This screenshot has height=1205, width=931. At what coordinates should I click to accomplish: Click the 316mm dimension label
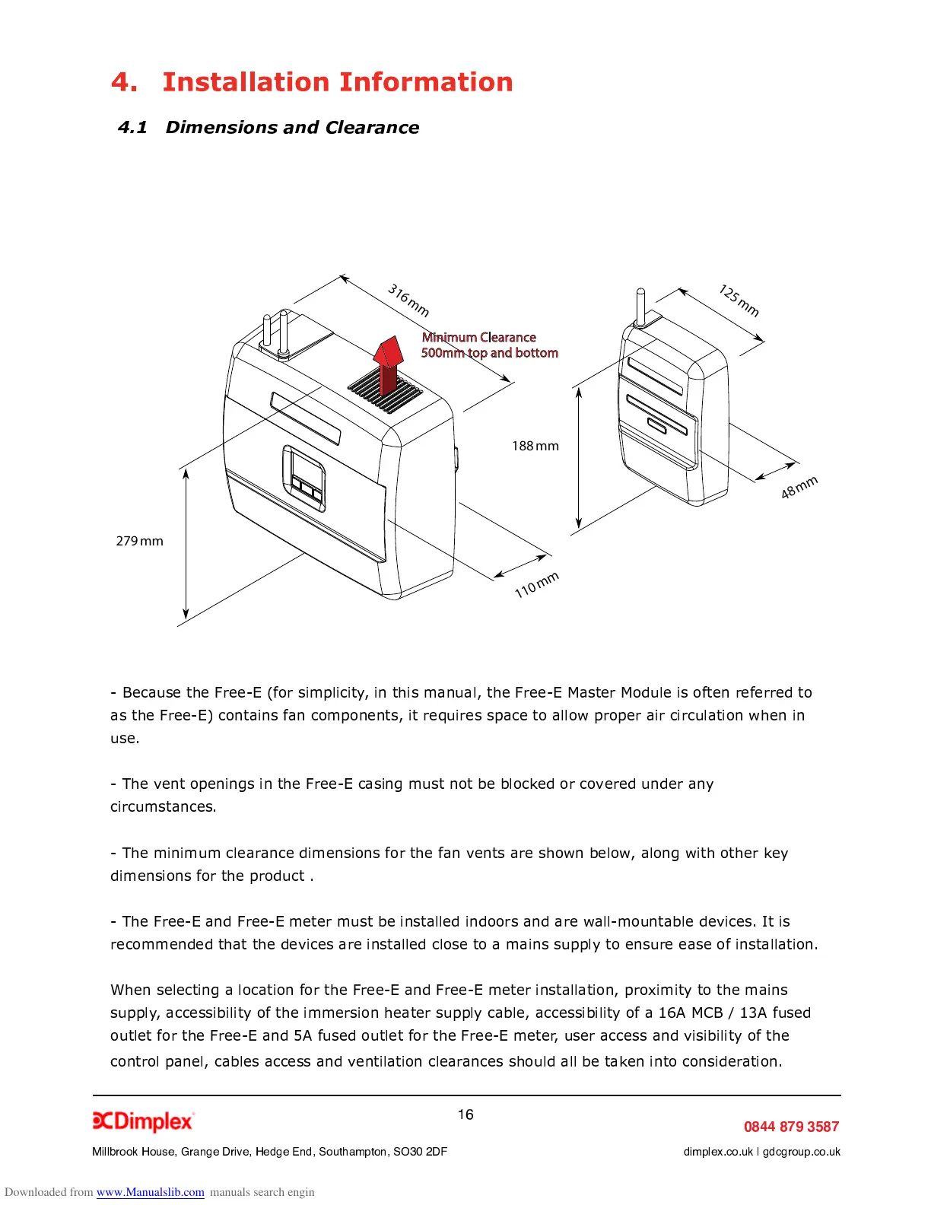click(408, 300)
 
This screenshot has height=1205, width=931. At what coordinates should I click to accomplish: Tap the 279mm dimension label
click(139, 541)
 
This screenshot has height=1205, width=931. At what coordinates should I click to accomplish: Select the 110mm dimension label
click(536, 584)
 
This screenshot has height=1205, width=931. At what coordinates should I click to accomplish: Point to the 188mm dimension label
click(535, 446)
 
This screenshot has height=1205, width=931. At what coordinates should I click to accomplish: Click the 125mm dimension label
click(739, 300)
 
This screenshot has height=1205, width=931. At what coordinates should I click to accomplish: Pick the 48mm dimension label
click(799, 487)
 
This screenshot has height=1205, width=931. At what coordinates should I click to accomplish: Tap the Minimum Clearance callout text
click(489, 345)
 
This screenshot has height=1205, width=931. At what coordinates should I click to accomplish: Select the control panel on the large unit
click(304, 478)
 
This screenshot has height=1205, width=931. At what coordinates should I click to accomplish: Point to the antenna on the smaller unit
click(640, 306)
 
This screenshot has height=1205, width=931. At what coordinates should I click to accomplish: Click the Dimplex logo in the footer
click(143, 1121)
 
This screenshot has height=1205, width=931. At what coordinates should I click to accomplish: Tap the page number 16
click(465, 1114)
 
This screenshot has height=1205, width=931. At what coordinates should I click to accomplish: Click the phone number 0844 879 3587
click(791, 1127)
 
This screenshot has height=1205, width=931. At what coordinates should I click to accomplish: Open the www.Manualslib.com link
click(150, 1192)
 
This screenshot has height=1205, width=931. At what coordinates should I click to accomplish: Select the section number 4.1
click(132, 127)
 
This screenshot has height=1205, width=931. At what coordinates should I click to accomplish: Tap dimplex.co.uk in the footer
click(718, 1152)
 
